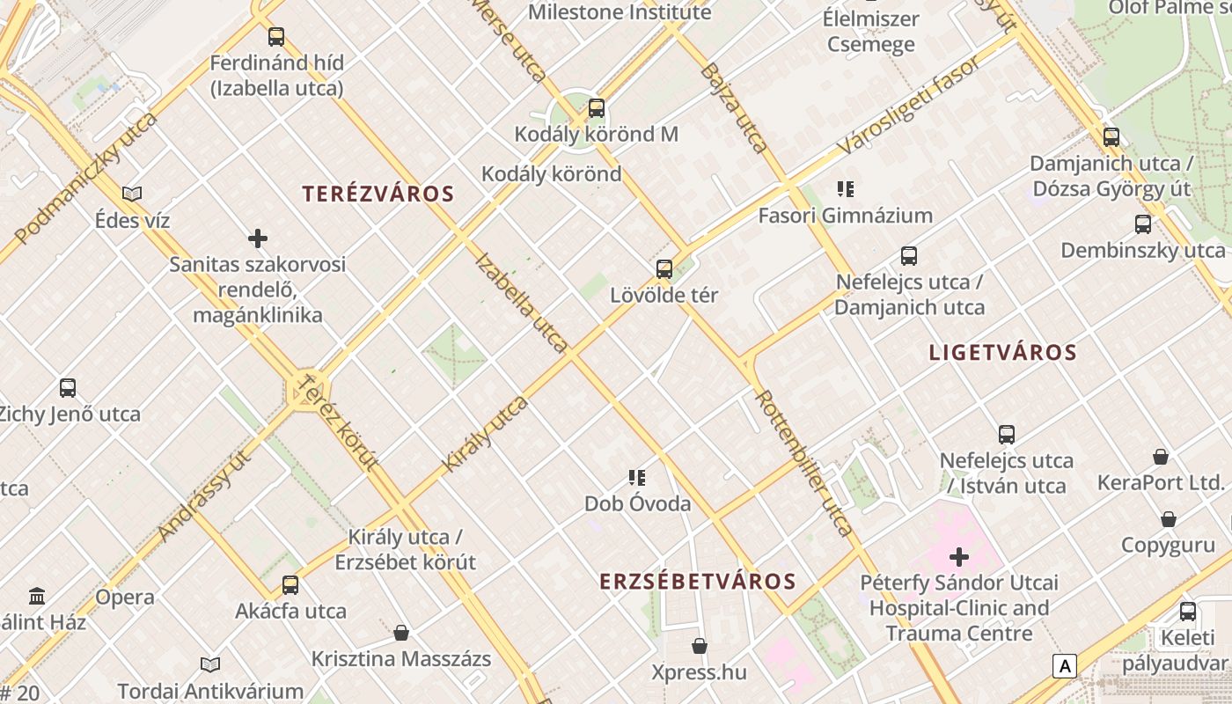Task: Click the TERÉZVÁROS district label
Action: pyautogui.click(x=378, y=194)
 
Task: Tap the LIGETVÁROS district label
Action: pyautogui.click(x=1002, y=353)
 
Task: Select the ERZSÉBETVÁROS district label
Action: pyautogui.click(x=698, y=582)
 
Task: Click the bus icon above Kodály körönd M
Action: pyautogui.click(x=597, y=108)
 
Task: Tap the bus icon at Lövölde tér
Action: pyautogui.click(x=664, y=268)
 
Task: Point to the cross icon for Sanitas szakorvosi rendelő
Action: pyautogui.click(x=258, y=238)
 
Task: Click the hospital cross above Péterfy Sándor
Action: pyautogui.click(x=959, y=557)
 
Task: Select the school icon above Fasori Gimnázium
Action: pyautogui.click(x=846, y=188)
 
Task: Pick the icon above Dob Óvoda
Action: pyautogui.click(x=637, y=478)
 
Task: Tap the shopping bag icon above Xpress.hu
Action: pyautogui.click(x=700, y=647)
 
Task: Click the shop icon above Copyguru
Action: pyautogui.click(x=1169, y=519)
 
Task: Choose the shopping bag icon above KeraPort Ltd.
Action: pyautogui.click(x=1161, y=457)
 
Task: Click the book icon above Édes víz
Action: pyautogui.click(x=132, y=194)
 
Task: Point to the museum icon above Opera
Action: pyautogui.click(x=37, y=597)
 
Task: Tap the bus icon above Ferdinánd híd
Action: pyautogui.click(x=276, y=37)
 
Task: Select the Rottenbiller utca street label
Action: pyautogui.click(x=804, y=463)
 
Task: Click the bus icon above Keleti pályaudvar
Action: pyautogui.click(x=1188, y=612)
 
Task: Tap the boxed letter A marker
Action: pyautogui.click(x=1065, y=666)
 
